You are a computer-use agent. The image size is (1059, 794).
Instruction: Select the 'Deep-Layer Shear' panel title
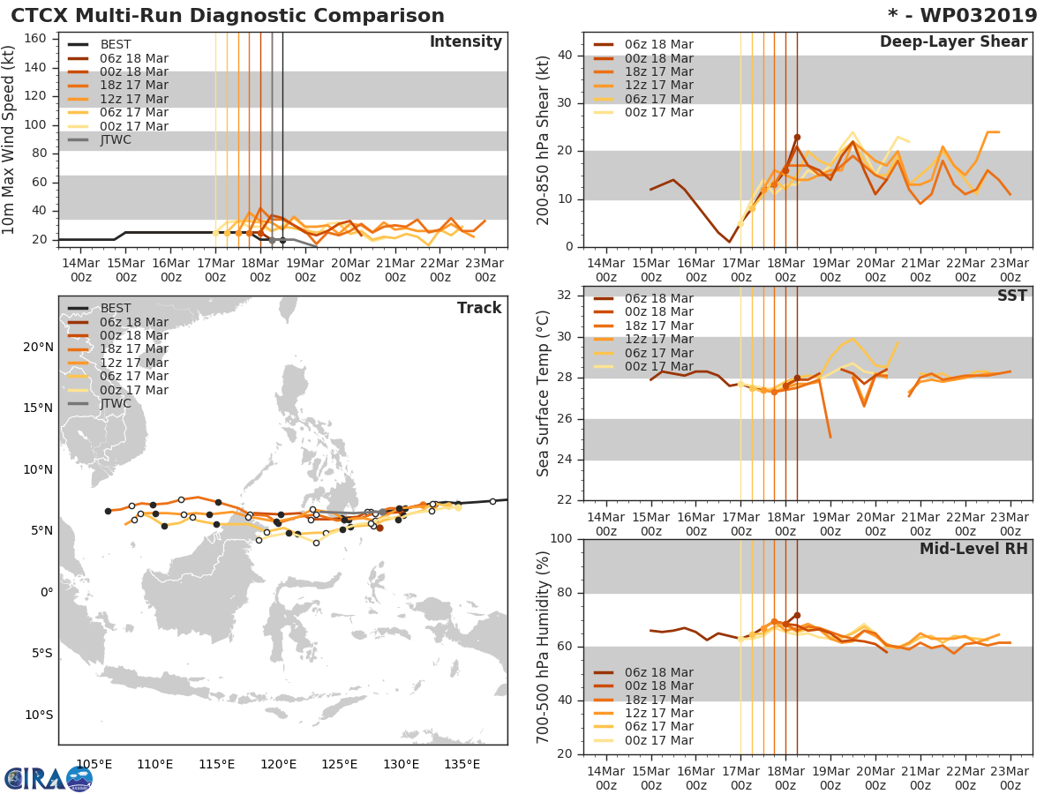point(953,42)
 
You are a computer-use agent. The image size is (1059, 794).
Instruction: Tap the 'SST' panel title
point(1011,296)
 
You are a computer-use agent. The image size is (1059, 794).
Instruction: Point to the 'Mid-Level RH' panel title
point(973,549)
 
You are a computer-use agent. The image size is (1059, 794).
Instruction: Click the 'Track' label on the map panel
point(479,308)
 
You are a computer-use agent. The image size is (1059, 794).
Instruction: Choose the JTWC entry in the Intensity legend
point(116,139)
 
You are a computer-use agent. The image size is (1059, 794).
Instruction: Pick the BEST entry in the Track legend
point(116,308)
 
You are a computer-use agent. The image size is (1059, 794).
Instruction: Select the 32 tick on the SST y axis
point(562,296)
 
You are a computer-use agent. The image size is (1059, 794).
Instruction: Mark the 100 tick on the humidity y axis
point(559,539)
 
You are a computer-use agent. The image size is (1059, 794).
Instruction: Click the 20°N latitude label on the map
point(38,347)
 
